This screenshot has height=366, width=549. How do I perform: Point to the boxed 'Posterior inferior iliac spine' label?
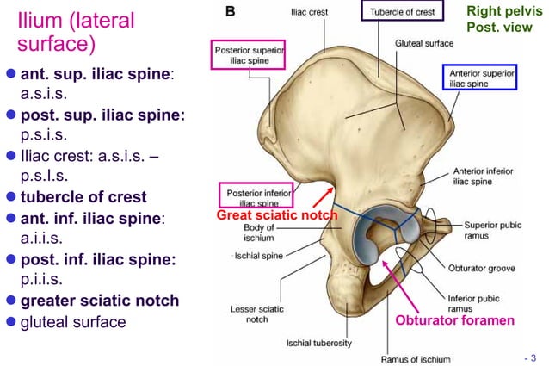[x=256, y=195]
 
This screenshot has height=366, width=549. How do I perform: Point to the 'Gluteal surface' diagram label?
[x=426, y=41]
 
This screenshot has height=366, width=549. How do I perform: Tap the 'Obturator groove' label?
[x=482, y=268]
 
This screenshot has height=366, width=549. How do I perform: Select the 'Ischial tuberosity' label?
[x=318, y=343]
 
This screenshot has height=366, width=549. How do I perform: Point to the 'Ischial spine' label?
[x=259, y=256]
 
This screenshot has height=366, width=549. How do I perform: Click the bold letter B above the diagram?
[x=231, y=11]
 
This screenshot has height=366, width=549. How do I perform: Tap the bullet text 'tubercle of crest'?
[x=83, y=196]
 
